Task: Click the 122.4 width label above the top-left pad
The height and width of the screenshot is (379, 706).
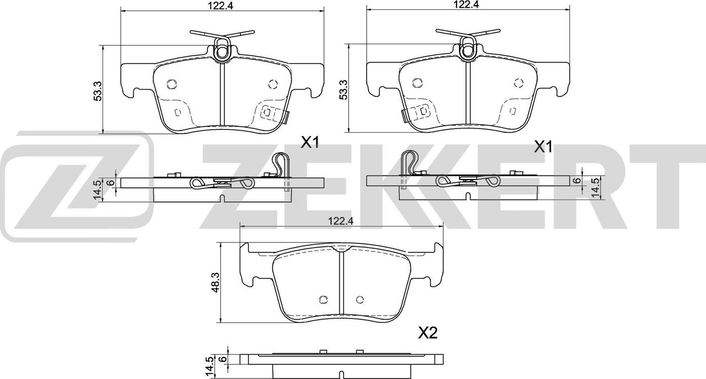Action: coord(223,5)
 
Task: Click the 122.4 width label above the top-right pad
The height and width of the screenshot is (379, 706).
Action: coord(467,5)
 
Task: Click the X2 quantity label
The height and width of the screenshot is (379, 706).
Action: coord(428,333)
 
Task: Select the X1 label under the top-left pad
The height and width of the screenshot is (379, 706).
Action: coord(310,143)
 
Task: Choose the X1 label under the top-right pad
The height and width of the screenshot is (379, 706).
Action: coord(542,147)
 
